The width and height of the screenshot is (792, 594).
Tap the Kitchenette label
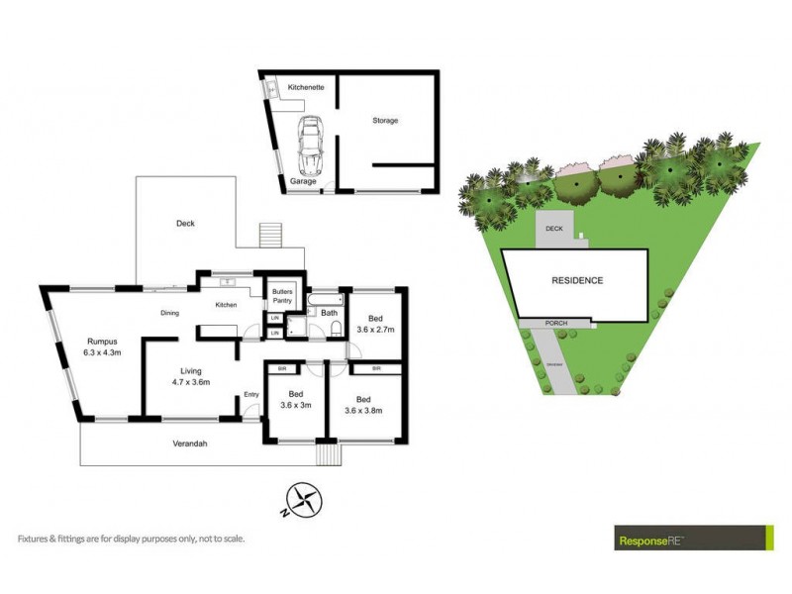tap(306, 88)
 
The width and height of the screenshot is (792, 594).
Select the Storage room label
tap(385, 121)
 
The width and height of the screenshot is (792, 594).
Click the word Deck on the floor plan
tap(185, 224)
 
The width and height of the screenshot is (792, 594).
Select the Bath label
tap(329, 313)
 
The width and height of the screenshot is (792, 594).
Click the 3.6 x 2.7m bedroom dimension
tap(375, 330)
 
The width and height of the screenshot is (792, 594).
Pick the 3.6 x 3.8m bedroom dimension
tap(364, 410)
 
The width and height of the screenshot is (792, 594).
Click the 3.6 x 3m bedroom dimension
tap(296, 405)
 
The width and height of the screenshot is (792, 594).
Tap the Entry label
tap(251, 396)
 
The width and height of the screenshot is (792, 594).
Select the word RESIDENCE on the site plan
tap(576, 280)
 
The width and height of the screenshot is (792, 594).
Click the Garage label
tap(303, 182)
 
